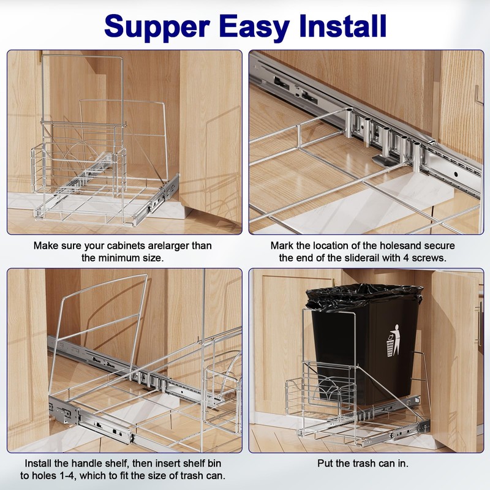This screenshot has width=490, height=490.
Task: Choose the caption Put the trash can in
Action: [x=363, y=464]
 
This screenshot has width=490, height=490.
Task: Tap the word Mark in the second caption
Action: [x=282, y=246]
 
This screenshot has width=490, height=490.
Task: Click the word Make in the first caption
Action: [x=47, y=246]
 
